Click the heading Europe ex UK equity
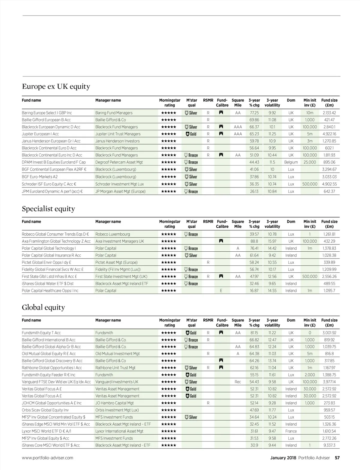(x=56, y=86)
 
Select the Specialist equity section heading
(x=48, y=209)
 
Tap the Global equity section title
(x=43, y=307)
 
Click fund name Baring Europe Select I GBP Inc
(x=47, y=113)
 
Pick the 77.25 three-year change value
(x=254, y=113)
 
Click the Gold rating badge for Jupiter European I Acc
(x=191, y=134)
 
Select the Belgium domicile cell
(x=291, y=162)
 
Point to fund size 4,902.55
(x=329, y=184)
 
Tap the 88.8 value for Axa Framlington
(x=254, y=241)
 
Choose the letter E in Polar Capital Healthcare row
(x=221, y=291)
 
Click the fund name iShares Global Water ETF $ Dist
(x=47, y=283)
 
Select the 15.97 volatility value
(x=272, y=241)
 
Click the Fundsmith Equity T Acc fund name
(x=41, y=333)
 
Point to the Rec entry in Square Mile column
(x=238, y=382)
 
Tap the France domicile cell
(x=291, y=431)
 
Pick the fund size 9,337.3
(x=329, y=445)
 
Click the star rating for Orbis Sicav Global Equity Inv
(x=169, y=410)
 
